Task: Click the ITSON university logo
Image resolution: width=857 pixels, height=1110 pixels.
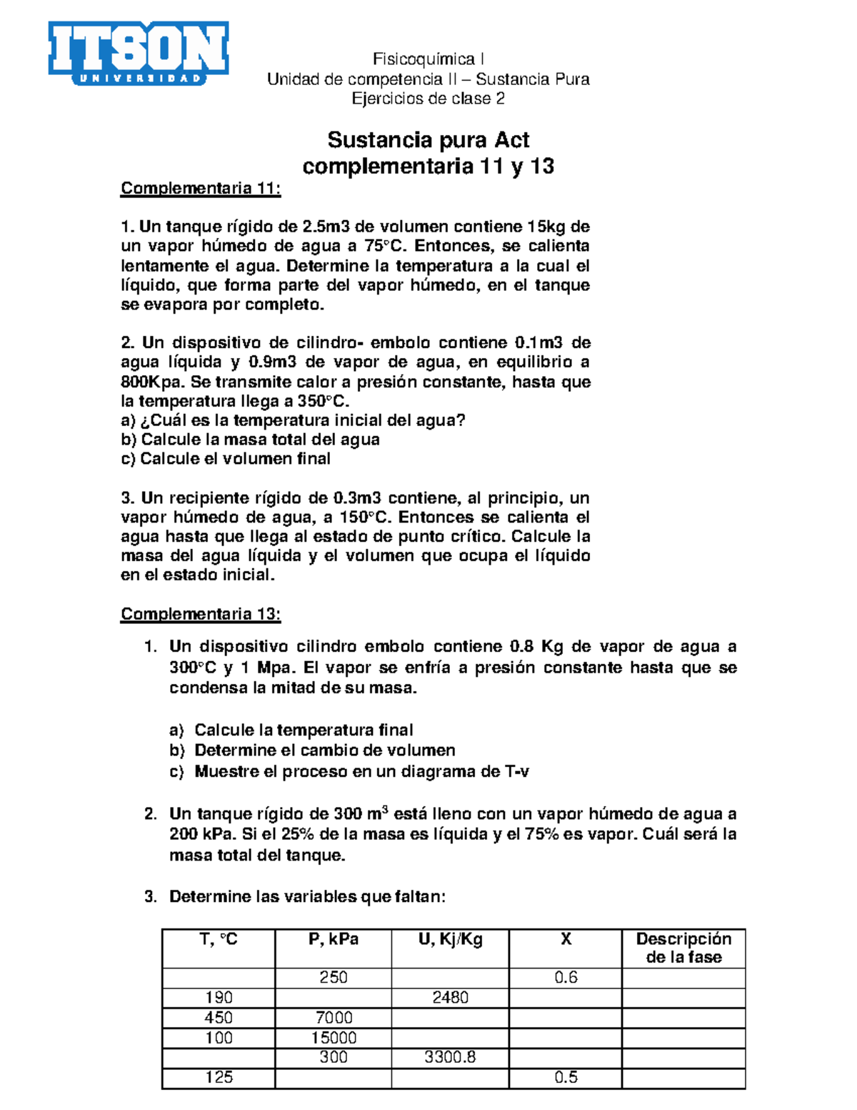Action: click(139, 54)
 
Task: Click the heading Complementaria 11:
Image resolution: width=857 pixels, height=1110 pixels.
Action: click(201, 189)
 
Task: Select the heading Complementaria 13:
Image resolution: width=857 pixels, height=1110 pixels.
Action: click(201, 614)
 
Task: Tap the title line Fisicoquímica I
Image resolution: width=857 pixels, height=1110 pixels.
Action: click(428, 59)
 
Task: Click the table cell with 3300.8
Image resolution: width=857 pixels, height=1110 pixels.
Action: click(450, 1057)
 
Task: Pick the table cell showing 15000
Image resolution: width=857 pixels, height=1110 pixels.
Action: click(334, 1037)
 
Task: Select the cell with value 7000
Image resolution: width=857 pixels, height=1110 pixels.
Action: click(334, 1017)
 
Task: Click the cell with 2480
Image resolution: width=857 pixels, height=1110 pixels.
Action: click(450, 997)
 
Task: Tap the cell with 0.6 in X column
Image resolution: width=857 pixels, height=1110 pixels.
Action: click(566, 977)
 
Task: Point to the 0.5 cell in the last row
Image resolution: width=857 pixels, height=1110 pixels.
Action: click(566, 1077)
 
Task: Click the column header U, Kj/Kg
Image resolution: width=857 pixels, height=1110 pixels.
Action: click(450, 940)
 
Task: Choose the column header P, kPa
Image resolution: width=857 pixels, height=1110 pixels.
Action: click(334, 940)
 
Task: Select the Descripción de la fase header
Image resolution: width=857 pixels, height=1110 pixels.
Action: click(683, 948)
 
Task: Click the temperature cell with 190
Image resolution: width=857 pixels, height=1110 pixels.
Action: click(219, 997)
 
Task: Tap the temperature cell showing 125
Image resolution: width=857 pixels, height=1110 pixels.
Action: click(219, 1077)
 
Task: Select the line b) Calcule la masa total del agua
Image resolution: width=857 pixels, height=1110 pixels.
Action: click(251, 440)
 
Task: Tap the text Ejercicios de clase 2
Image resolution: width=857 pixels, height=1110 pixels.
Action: click(428, 99)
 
